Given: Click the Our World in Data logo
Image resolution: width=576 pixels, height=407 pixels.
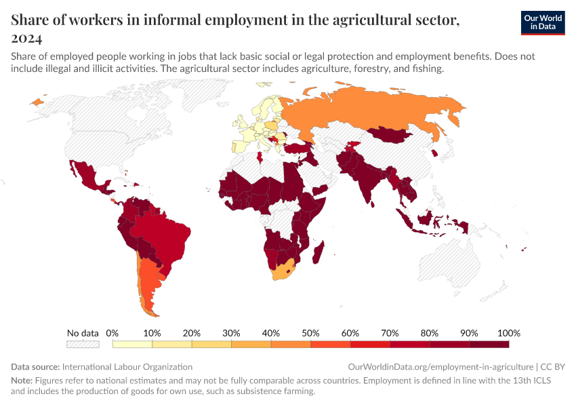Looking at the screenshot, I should (542, 22).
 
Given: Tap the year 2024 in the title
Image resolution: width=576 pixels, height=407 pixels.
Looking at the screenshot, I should (26, 38).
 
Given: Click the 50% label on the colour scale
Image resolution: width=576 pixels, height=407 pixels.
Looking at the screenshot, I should (310, 333).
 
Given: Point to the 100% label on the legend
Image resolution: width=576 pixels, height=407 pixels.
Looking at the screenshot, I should (508, 333).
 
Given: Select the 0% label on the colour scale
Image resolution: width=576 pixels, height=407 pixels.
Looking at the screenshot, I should (112, 333).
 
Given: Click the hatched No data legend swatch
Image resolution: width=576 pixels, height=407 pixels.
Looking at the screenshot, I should (83, 345).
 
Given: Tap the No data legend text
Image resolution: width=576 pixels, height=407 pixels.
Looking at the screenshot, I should (83, 333).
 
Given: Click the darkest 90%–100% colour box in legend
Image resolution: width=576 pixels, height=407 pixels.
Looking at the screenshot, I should (489, 345).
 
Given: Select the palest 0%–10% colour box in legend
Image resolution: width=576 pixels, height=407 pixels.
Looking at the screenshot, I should (132, 345).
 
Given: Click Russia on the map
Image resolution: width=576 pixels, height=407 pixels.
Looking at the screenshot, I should (379, 109).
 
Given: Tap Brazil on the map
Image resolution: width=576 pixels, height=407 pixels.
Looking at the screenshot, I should (163, 234).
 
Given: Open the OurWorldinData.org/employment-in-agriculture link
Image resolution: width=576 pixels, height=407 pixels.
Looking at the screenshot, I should (440, 366).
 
